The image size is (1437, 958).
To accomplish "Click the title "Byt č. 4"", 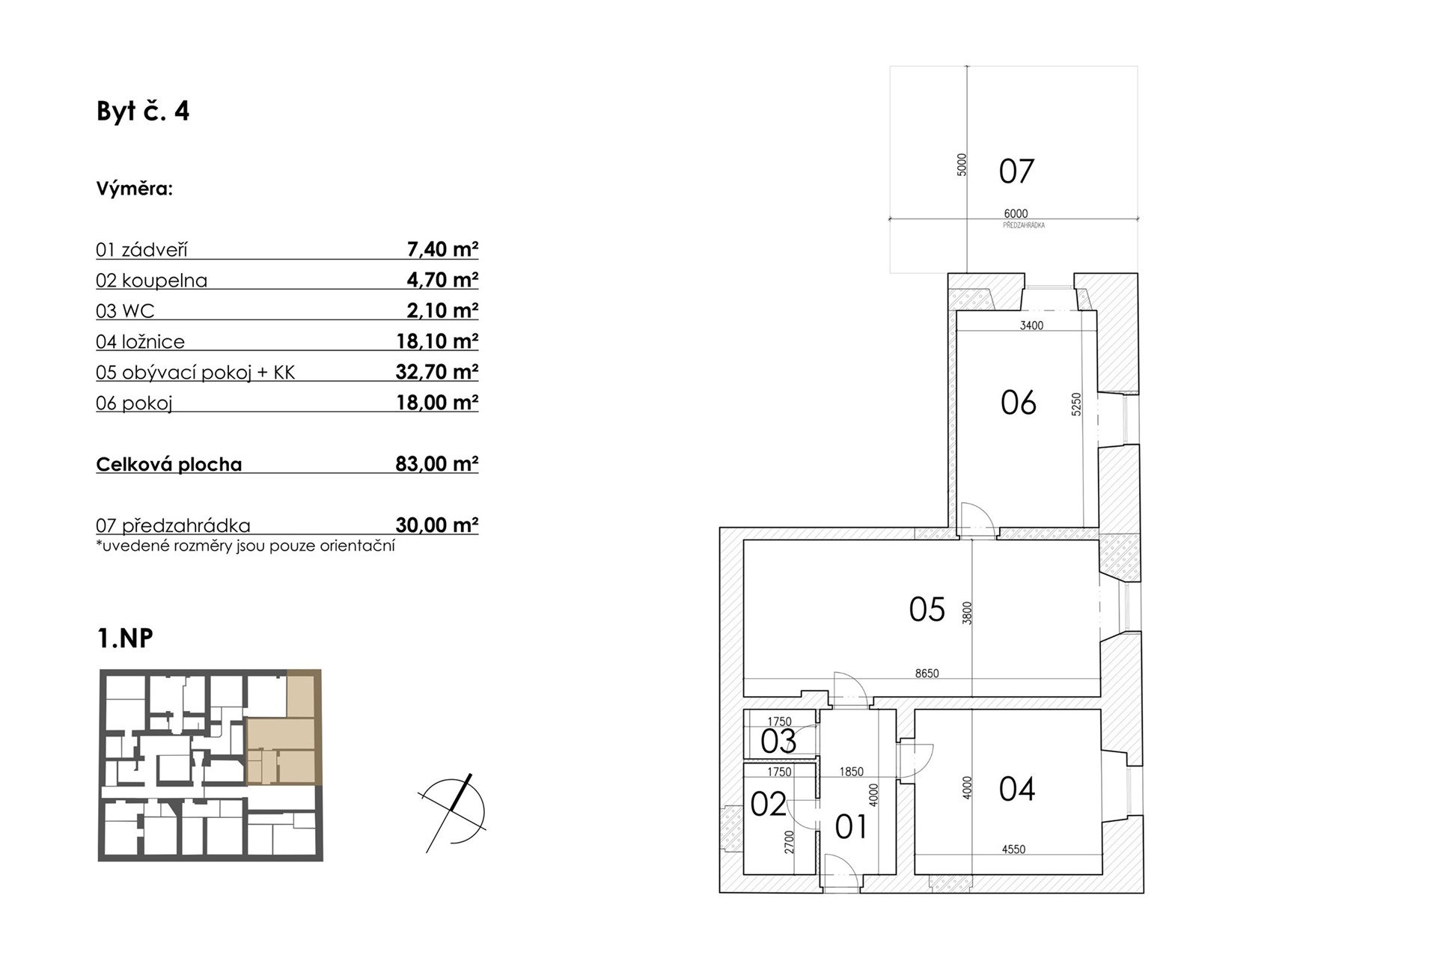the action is point(143,111).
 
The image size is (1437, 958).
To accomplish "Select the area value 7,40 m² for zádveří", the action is point(442,248).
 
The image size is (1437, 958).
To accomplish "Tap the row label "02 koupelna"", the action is point(151,281).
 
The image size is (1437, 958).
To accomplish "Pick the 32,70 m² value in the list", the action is point(437,371).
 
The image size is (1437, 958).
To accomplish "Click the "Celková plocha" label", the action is point(169,464).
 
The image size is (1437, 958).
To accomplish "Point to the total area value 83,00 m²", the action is point(437,463).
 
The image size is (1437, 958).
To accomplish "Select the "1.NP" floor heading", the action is point(125,638).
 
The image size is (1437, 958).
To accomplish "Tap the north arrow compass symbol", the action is point(453,813).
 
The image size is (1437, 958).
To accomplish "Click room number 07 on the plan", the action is point(1016,171).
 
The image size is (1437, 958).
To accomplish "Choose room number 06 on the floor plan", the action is point(1018,403).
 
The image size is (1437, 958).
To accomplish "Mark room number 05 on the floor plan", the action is point(927,609).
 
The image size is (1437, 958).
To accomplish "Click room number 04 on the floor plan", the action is point(1017,789).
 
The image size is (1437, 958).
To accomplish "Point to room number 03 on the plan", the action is point(778,742).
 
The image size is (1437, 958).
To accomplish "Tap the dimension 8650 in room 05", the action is point(927,674).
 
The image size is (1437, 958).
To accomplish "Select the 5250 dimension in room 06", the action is point(1076,405).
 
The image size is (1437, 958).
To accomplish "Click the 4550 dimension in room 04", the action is point(1013,849).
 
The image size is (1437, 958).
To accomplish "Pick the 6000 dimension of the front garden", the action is point(1016,214).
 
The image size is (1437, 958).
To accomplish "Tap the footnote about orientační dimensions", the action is point(245,546).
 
